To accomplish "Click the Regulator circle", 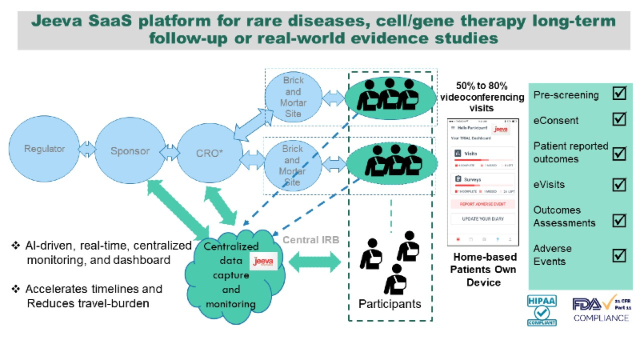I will [x=45, y=149].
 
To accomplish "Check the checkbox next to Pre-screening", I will [x=618, y=94].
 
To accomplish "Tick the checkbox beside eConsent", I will [x=618, y=119].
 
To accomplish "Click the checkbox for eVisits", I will [x=618, y=185].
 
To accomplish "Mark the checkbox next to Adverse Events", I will [x=618, y=255].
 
